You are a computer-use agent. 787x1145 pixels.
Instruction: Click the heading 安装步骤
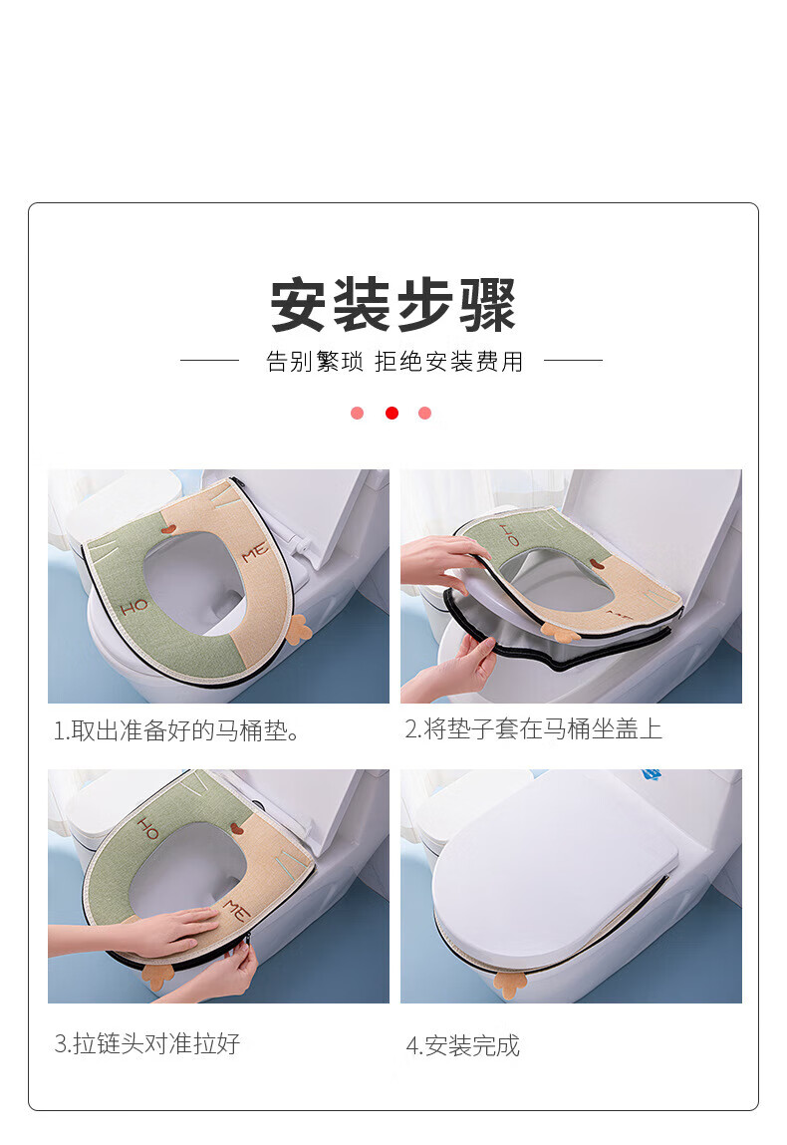pyautogui.click(x=393, y=305)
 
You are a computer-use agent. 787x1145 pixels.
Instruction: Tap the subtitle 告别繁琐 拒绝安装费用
pyautogui.click(x=394, y=361)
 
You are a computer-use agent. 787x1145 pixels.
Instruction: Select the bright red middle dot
pyautogui.click(x=393, y=414)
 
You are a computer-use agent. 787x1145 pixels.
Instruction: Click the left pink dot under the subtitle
pyautogui.click(x=357, y=414)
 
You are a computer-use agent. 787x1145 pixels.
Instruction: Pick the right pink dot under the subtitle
pyautogui.click(x=425, y=414)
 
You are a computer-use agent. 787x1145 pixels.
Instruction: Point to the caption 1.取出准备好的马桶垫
pyautogui.click(x=176, y=730)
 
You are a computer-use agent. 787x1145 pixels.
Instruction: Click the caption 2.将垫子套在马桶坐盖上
pyautogui.click(x=534, y=728)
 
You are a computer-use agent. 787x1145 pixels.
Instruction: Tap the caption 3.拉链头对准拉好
pyautogui.click(x=146, y=1043)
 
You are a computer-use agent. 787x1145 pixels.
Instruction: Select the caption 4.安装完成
pyautogui.click(x=463, y=1045)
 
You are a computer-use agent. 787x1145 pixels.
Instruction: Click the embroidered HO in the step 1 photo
pyautogui.click(x=134, y=606)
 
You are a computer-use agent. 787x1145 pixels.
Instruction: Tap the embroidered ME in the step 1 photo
pyautogui.click(x=255, y=553)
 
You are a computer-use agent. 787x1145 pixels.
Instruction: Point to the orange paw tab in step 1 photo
pyautogui.click(x=297, y=629)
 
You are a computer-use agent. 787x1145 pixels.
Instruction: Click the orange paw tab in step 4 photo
pyautogui.click(x=510, y=980)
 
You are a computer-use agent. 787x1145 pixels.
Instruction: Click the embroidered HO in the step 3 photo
pyautogui.click(x=147, y=828)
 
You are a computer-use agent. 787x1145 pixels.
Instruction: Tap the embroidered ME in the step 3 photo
pyautogui.click(x=236, y=910)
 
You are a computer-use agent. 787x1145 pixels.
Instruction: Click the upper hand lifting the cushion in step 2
pyautogui.click(x=441, y=561)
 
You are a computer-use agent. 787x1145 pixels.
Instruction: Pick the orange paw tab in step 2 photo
pyautogui.click(x=560, y=632)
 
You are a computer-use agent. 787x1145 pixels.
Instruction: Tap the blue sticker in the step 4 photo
pyautogui.click(x=652, y=773)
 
